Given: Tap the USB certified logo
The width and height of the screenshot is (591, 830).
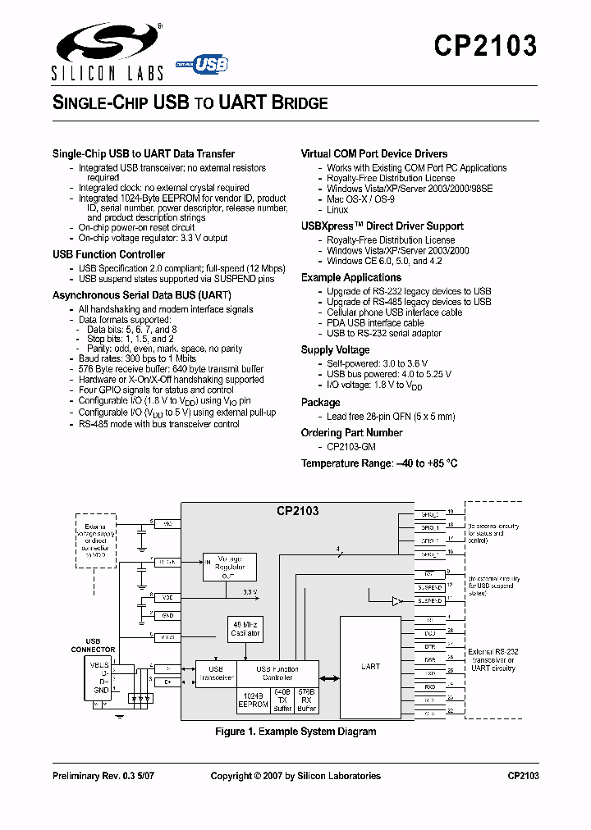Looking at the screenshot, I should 203,65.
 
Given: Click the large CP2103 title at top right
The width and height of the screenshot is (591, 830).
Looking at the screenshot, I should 485,45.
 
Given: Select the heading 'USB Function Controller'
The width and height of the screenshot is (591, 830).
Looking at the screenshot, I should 108,254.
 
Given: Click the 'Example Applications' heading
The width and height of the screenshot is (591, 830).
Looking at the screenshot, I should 350,277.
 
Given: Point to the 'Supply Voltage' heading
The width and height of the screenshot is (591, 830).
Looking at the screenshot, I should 335,349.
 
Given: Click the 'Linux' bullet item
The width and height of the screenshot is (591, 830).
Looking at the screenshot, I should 337,210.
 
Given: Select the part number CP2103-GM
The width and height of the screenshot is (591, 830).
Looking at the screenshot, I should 351,447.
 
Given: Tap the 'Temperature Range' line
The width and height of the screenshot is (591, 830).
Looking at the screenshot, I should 378,463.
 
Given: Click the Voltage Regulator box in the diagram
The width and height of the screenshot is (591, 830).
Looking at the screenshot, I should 229,567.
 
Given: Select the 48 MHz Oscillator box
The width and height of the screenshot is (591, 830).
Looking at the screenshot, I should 244,629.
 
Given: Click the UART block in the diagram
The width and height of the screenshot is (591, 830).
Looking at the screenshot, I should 371,666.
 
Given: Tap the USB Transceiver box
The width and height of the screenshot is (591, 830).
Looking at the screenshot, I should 216,674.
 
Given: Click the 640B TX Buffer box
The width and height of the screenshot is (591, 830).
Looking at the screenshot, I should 282,700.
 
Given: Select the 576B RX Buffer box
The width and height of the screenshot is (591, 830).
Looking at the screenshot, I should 307,700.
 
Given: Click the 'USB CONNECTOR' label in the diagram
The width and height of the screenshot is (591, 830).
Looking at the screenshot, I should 93,645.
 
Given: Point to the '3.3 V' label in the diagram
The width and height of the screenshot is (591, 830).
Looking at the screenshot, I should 250,591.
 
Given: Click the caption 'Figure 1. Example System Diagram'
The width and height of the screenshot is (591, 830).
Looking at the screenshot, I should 295,731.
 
